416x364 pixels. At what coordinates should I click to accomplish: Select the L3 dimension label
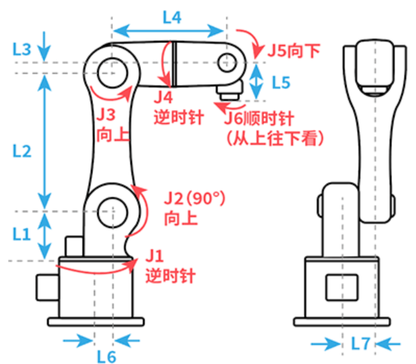(22, 49)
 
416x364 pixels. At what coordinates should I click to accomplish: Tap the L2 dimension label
(22, 151)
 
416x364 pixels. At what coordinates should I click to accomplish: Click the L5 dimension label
(281, 83)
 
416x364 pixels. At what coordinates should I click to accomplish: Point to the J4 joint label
(167, 96)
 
